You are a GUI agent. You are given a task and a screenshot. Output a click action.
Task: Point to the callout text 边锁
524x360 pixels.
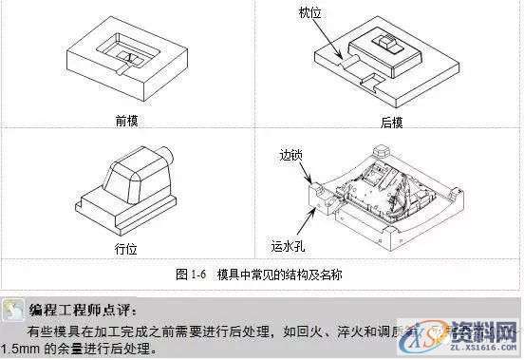tap(291, 156)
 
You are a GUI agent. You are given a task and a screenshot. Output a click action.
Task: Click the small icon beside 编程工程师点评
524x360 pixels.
tap(12, 309)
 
